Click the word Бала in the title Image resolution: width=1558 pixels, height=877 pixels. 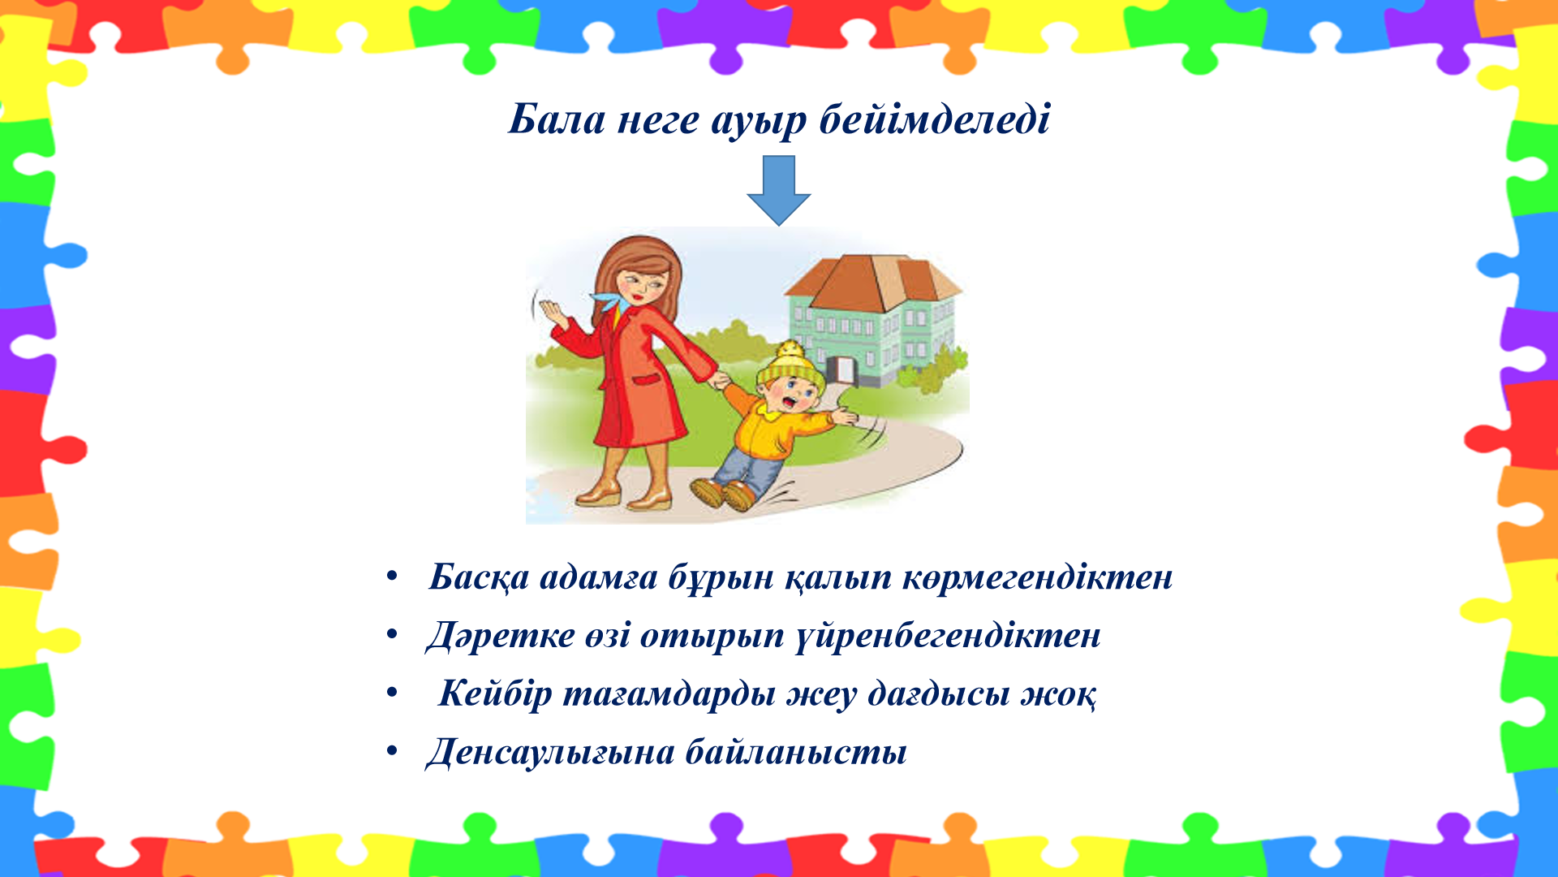click(x=557, y=119)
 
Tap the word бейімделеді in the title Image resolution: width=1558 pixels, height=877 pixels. click(x=935, y=119)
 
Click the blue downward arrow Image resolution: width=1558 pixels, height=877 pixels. click(x=779, y=191)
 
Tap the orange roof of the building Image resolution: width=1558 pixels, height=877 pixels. click(x=873, y=283)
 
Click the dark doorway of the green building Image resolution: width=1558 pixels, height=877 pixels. click(x=845, y=370)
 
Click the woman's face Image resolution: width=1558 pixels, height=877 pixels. click(x=643, y=284)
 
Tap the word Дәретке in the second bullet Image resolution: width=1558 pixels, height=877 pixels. click(x=500, y=636)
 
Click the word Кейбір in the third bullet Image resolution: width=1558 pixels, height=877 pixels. click(x=495, y=693)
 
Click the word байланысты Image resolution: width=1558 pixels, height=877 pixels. click(x=796, y=752)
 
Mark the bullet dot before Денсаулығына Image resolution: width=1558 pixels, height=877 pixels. click(x=392, y=751)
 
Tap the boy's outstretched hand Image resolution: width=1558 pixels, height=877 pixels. click(x=845, y=417)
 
